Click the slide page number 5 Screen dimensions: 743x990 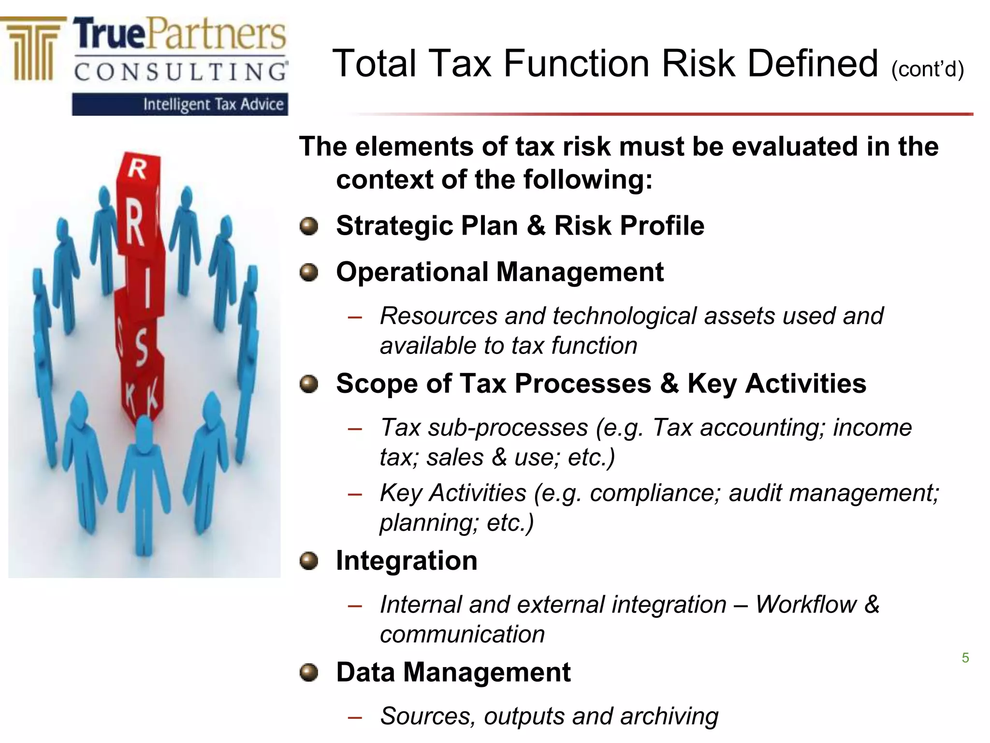(965, 658)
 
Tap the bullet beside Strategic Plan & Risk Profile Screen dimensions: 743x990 (309, 226)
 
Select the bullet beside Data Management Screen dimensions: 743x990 (309, 672)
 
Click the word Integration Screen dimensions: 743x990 (407, 561)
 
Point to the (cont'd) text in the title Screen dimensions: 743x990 (927, 69)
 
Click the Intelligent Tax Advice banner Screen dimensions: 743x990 (180, 104)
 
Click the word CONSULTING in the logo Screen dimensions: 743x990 (180, 72)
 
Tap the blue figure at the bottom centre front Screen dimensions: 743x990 (144, 484)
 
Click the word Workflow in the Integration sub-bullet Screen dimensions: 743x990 (806, 605)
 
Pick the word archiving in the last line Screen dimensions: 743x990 (669, 716)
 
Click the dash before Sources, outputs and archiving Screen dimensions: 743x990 (355, 718)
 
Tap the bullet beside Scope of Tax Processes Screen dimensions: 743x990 (309, 385)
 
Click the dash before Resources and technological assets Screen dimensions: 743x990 (355, 318)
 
